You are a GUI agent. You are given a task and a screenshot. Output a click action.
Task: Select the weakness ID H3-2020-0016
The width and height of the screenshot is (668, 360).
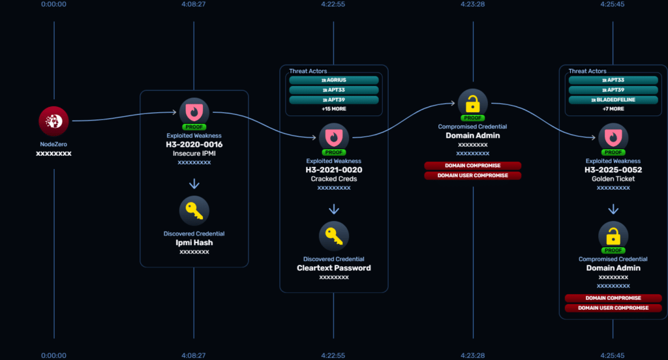point(194,143)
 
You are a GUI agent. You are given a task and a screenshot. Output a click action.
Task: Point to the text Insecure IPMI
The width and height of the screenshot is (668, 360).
point(194,153)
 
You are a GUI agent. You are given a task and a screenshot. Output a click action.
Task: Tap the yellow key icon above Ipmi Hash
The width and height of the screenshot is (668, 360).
point(194,211)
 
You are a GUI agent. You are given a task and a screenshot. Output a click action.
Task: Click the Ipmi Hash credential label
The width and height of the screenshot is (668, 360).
point(194,243)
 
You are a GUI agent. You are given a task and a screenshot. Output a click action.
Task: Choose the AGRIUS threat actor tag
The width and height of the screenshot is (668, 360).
point(333,80)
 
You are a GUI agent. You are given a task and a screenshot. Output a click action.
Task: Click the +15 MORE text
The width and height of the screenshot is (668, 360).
point(333,108)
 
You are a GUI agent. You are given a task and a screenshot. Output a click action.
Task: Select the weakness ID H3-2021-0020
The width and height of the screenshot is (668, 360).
point(333,170)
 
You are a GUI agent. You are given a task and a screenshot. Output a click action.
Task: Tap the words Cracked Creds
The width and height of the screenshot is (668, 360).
point(333,179)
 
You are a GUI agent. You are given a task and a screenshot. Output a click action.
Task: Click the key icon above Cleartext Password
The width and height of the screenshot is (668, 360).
point(333,236)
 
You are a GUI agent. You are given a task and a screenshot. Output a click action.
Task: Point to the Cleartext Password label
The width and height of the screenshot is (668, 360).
point(333,268)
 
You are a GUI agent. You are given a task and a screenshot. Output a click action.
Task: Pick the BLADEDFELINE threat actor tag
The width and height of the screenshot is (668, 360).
point(613,100)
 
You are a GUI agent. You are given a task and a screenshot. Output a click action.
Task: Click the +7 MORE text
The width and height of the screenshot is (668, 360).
point(613,108)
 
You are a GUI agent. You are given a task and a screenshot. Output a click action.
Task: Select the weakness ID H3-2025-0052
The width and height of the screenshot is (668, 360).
point(613,170)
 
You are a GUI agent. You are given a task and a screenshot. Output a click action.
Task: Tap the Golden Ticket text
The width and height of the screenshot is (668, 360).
point(613,179)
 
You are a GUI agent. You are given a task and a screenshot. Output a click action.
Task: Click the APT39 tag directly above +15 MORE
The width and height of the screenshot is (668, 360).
point(333,100)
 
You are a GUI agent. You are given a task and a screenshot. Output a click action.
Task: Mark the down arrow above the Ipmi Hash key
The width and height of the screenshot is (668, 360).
point(194,185)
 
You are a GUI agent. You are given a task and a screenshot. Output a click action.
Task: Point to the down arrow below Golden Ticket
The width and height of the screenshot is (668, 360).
point(613,210)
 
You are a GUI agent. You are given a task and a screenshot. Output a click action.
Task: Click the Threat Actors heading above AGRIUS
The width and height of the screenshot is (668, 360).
point(308,71)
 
